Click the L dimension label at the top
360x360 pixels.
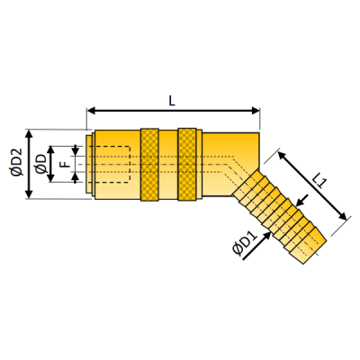pos(172,100)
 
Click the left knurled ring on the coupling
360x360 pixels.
pos(150,164)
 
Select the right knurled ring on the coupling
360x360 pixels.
pos(186,164)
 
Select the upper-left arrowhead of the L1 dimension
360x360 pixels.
pos(281,155)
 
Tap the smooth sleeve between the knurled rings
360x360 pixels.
pos(168,164)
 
